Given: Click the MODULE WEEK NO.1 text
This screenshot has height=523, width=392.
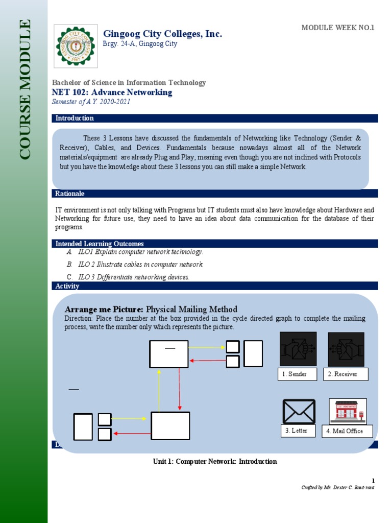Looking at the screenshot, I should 338,28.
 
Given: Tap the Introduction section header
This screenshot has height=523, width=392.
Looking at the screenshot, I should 75,118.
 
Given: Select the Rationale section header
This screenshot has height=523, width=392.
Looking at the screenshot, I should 70,194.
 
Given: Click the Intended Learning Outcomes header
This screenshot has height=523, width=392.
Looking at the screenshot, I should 100,244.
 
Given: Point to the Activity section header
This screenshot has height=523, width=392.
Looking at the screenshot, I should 67,286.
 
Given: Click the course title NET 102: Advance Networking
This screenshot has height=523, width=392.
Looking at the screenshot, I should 112,92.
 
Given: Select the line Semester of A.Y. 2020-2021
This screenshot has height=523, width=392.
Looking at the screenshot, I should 91,102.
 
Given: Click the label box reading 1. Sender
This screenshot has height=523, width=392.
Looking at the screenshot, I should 298,374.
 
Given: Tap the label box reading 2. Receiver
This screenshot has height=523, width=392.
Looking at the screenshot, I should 346,374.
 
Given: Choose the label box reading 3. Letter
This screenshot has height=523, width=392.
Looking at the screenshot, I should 298,431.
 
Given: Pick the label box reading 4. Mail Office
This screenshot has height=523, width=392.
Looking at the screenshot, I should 351,431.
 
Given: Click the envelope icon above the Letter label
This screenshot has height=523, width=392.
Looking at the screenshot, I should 299,412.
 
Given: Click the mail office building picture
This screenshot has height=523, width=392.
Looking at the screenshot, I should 348,411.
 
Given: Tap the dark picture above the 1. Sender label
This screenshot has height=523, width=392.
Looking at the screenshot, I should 298,349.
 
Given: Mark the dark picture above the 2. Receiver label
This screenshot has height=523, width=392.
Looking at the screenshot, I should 346,349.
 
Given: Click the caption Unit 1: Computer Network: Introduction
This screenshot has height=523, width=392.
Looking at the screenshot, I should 215,461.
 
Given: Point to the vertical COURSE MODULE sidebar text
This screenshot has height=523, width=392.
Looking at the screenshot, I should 25,89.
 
